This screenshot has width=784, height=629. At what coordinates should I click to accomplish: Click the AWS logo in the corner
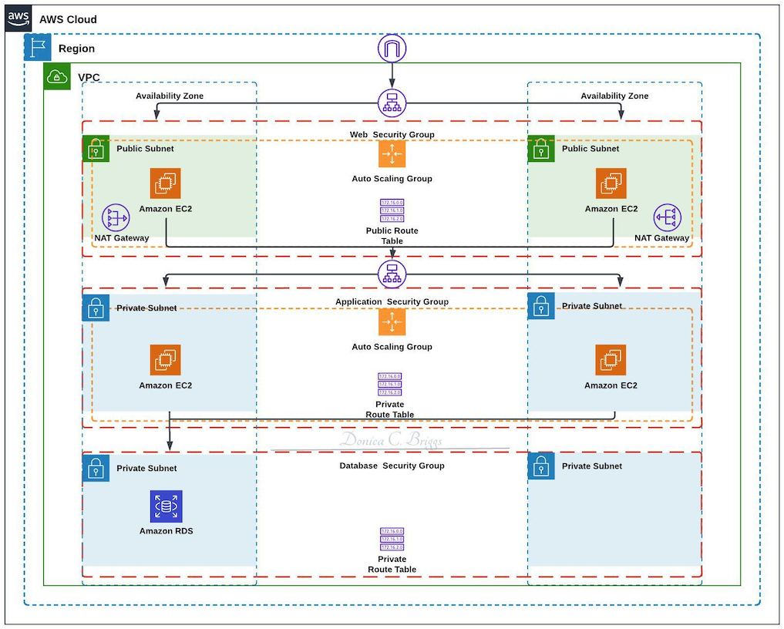19,18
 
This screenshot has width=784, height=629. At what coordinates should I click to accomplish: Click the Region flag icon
38,48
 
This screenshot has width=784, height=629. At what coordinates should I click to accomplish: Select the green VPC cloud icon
57,76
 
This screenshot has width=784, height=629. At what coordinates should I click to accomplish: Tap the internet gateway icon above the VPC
392,49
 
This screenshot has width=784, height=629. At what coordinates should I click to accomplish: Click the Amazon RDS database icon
166,506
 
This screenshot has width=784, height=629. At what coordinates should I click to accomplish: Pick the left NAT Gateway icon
116,218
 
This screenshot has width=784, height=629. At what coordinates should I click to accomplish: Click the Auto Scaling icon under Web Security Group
392,154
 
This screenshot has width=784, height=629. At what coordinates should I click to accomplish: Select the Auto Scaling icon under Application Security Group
392,322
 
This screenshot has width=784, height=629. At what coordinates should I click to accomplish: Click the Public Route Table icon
392,210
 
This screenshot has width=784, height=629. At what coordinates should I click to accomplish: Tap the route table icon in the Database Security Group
392,539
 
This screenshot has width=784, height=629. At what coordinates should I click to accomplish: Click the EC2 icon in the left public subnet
166,183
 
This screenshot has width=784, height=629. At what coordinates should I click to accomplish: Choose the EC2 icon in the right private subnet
611,360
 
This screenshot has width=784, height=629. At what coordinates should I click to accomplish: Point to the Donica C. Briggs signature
392,440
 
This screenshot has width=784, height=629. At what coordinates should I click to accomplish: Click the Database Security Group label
392,466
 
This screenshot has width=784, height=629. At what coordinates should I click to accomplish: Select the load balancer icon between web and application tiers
392,274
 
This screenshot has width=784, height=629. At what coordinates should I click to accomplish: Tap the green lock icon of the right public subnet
541,149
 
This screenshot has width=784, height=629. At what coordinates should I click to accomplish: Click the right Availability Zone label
614,96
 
